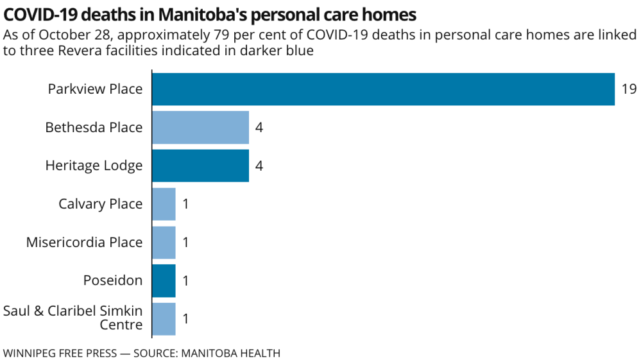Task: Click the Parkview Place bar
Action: pos(383,89)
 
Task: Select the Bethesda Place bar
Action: pos(200,127)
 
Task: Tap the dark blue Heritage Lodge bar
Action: pos(200,166)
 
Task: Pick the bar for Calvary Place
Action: pos(164,204)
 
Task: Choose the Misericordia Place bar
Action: pos(164,243)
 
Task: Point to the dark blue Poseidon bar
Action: pos(164,280)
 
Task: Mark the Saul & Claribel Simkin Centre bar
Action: pos(164,319)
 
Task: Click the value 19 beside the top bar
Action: pos(629,89)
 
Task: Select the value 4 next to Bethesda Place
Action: pos(259,127)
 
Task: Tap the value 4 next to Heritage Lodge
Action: pos(259,166)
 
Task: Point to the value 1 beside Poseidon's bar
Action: pos(186,280)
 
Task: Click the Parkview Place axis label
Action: pos(95,89)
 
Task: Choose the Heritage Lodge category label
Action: pos(94,166)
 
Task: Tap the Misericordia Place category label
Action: pos(84,243)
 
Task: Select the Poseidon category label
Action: pos(113,280)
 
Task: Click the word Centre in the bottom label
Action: pos(121,325)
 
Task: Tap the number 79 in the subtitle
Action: pos(226,35)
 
